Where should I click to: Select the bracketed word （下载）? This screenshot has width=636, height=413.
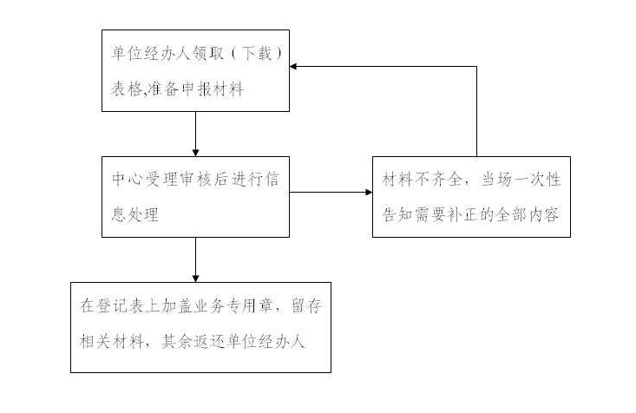click(x=253, y=53)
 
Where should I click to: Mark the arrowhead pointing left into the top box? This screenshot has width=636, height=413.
click(x=295, y=66)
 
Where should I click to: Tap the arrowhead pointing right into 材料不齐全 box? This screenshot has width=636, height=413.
click(x=367, y=193)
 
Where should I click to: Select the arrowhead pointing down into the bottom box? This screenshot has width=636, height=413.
click(x=195, y=277)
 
